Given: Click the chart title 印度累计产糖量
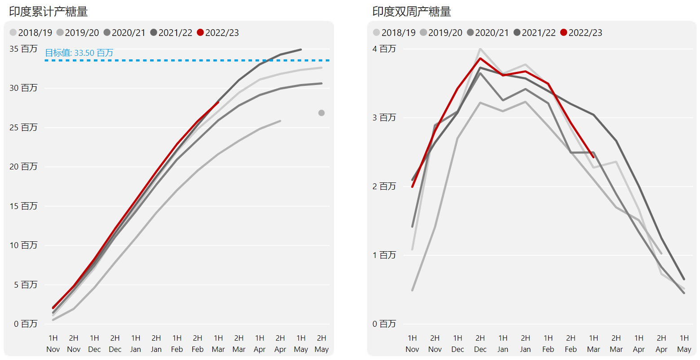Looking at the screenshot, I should (x=49, y=12).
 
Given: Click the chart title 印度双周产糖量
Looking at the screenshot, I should (x=412, y=12).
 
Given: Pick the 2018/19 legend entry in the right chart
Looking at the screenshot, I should (x=394, y=33).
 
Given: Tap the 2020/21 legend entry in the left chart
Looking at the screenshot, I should (x=124, y=33).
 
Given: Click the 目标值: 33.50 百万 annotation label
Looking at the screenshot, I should (x=79, y=53).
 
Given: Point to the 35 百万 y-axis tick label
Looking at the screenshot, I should (x=23, y=49).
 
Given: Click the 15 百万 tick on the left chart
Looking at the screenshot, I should (x=23, y=206).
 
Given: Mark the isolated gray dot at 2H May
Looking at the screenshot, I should (x=321, y=113).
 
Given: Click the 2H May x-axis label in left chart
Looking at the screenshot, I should (x=321, y=343).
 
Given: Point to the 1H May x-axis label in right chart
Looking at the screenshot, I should (x=684, y=343).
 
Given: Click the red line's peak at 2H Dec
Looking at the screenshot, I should (x=480, y=58).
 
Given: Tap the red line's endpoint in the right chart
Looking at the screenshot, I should (x=593, y=157).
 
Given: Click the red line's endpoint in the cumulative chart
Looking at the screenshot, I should (x=218, y=102).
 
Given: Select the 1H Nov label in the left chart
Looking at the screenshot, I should (x=53, y=343).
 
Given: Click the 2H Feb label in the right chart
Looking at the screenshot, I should (x=571, y=343).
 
